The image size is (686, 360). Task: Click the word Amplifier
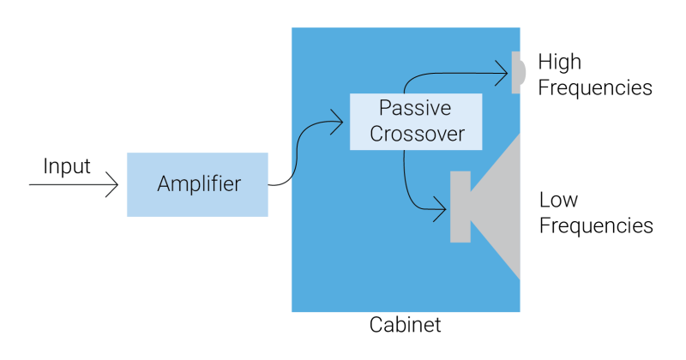199,184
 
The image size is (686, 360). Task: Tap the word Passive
415,109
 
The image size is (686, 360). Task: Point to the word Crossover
415,135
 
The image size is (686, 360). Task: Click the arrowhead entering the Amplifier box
114,184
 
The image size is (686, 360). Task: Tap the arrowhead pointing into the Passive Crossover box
339,122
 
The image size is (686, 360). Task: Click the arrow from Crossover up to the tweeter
446,74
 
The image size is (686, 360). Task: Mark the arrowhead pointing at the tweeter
503,74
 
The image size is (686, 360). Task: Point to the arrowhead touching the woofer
441,207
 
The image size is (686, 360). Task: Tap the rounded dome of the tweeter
523,73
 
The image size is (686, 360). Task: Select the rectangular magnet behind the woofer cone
460,207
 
